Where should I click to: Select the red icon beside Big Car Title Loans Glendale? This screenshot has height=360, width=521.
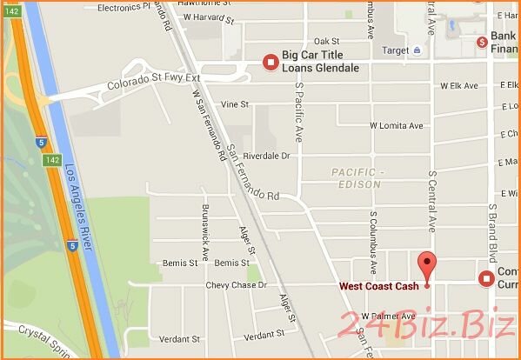click(271, 61)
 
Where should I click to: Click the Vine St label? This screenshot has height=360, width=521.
click(235, 104)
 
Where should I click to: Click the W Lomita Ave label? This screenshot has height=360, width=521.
click(397, 126)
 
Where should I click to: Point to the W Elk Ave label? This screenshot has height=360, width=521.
click(459, 85)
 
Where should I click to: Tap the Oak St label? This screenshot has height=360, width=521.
click(326, 41)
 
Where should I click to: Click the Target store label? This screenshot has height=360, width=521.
click(396, 50)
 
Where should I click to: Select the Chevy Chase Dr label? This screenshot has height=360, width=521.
click(235, 285)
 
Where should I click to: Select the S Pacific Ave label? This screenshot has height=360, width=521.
click(297, 120)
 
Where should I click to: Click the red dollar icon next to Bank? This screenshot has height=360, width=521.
click(481, 42)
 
